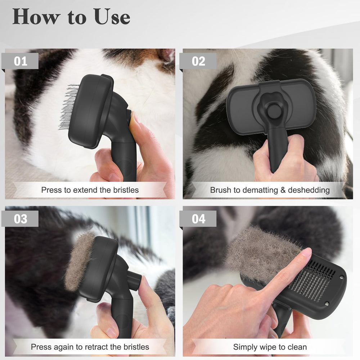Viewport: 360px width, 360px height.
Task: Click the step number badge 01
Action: click(x=21, y=61)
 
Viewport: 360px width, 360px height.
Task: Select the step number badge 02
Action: click(x=198, y=61)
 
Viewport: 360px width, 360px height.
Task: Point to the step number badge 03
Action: click(x=21, y=219)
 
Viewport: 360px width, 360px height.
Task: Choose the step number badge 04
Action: click(x=198, y=219)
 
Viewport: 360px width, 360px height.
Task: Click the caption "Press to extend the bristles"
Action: click(x=90, y=190)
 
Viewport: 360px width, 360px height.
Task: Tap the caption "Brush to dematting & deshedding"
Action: click(x=270, y=190)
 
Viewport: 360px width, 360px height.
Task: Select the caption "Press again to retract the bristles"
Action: click(x=90, y=347)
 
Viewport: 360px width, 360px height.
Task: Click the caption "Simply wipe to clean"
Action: click(x=270, y=347)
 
